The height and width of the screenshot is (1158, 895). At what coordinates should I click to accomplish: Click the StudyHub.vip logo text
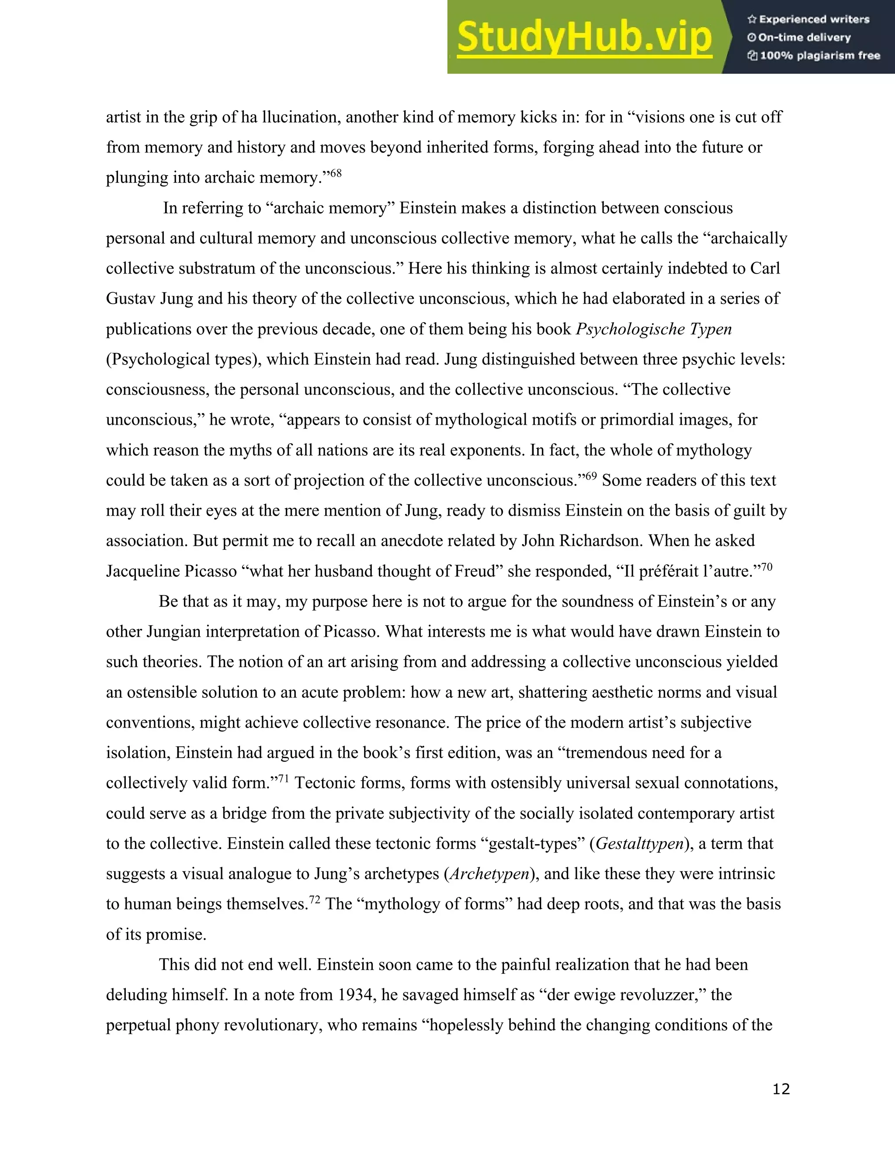click(x=584, y=37)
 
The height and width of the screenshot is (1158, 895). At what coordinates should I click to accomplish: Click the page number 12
click(x=781, y=1089)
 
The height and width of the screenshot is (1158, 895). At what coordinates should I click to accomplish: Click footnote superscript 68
click(x=336, y=173)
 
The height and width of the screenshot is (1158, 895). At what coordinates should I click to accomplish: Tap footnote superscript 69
click(x=591, y=475)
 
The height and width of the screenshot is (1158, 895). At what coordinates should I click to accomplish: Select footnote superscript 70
click(x=767, y=567)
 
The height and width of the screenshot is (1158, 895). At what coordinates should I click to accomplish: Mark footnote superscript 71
click(x=284, y=778)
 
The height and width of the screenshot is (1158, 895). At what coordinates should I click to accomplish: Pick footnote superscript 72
click(x=314, y=899)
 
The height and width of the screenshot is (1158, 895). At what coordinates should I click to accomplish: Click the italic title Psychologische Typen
click(x=654, y=329)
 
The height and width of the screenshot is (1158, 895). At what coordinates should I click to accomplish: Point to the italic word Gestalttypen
click(x=639, y=843)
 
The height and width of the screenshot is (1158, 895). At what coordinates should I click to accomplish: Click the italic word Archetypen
click(x=489, y=874)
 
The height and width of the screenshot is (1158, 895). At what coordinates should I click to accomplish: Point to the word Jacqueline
click(x=142, y=571)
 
